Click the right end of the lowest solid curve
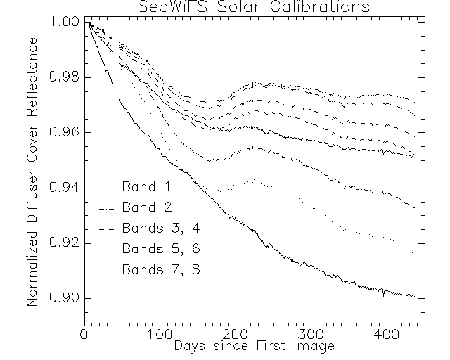415,297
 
